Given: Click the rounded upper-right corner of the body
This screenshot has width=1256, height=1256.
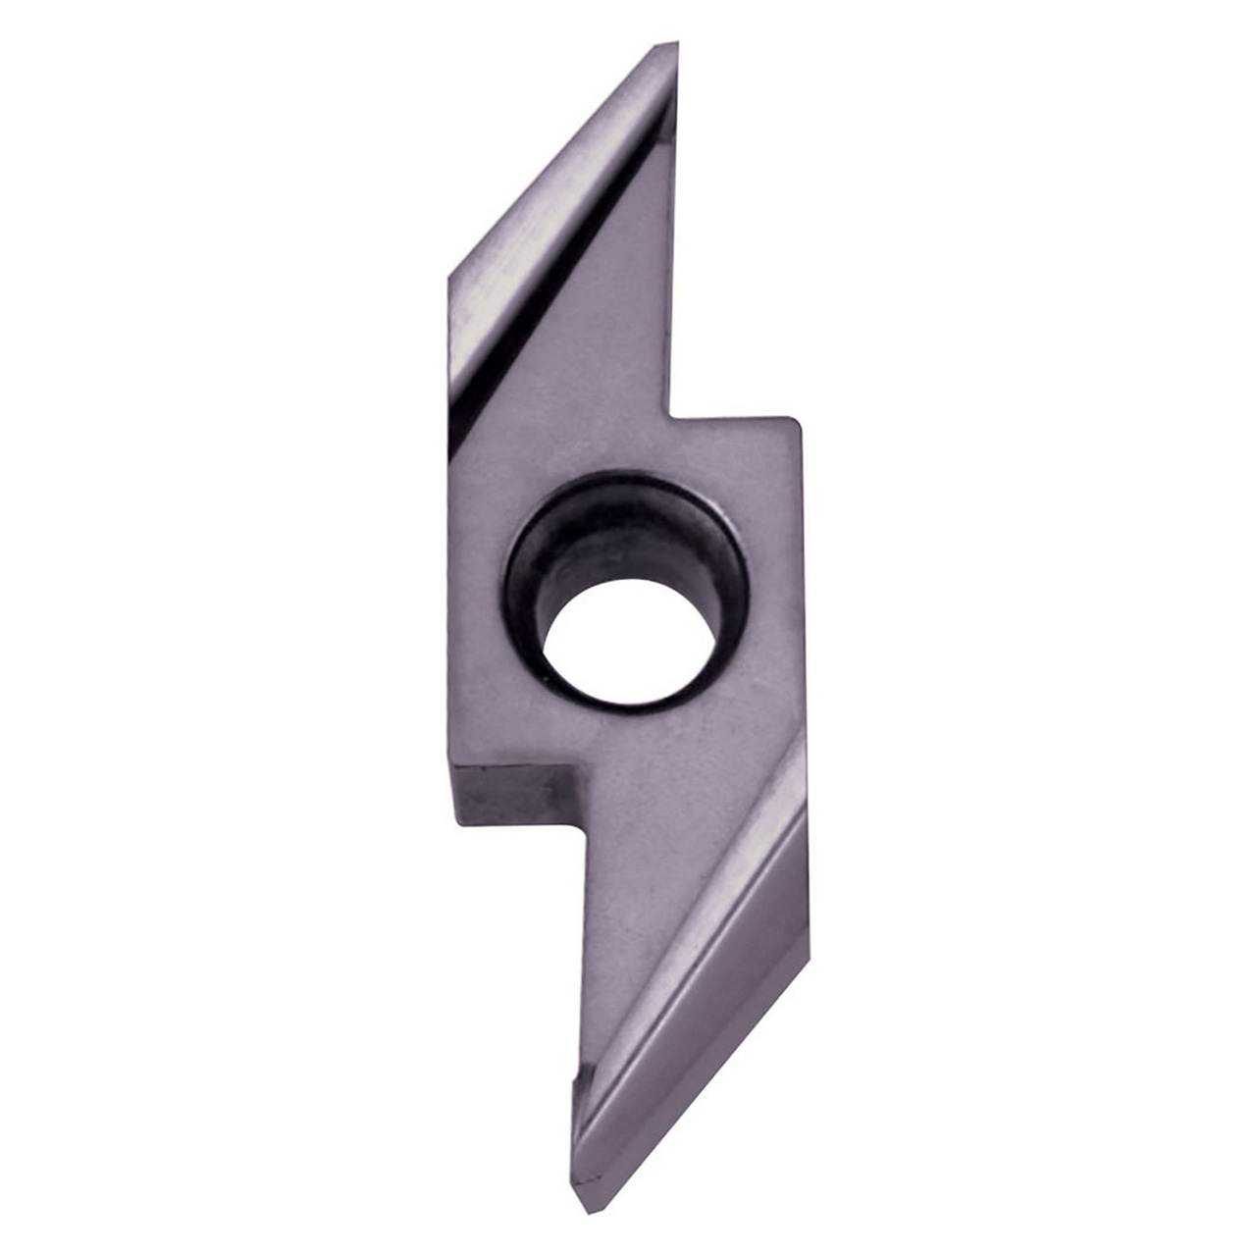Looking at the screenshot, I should point(795,424).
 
